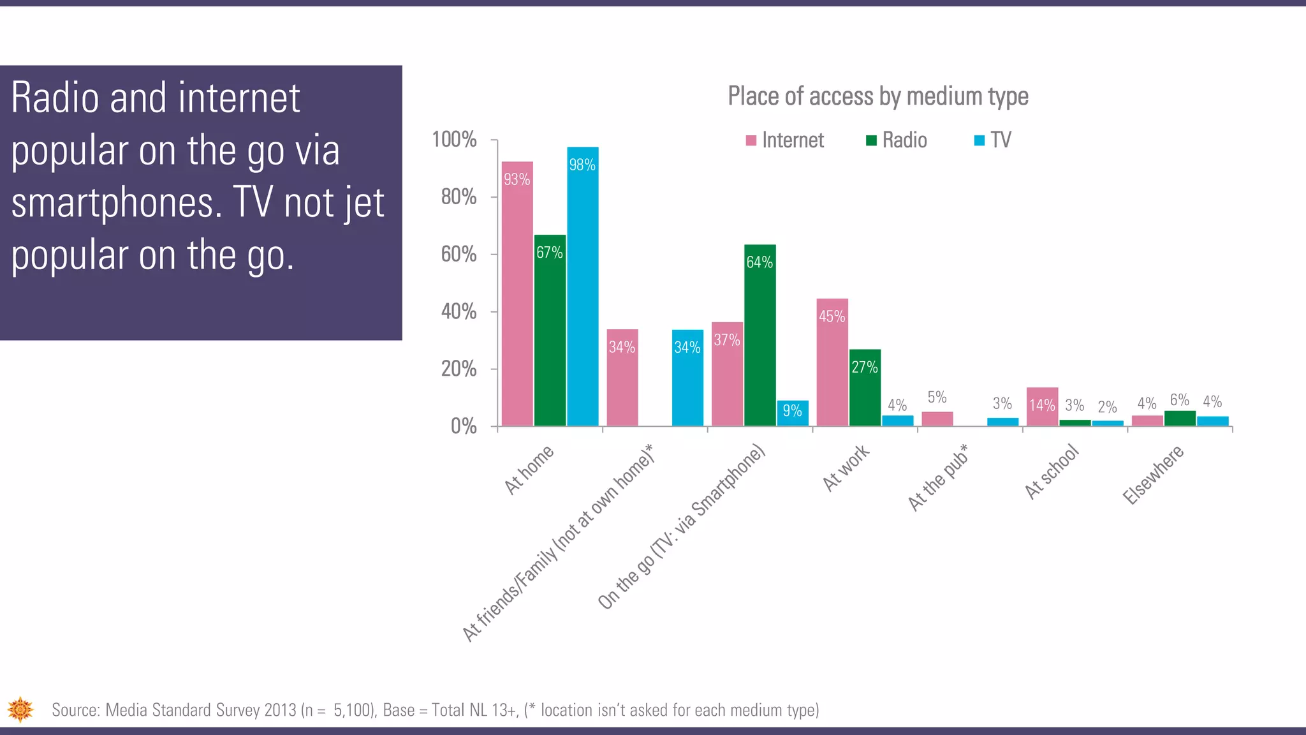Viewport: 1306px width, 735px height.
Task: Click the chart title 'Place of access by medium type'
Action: point(878,96)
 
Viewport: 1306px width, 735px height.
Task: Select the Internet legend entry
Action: point(785,140)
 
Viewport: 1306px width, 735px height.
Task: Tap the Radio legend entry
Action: point(897,140)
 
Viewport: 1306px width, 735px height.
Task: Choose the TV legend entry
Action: point(993,140)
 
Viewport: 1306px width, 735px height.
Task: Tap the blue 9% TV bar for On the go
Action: point(793,413)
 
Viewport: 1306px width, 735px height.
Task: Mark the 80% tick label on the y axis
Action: point(459,197)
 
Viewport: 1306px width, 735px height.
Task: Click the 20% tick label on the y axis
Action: point(459,369)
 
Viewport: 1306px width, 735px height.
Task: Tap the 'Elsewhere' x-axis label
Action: point(1153,475)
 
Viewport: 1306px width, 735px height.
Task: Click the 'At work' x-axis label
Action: point(846,468)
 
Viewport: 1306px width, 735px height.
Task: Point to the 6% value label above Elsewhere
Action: point(1179,400)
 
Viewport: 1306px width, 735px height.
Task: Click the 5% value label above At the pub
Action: point(937,397)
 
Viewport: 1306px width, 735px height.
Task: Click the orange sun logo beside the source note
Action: point(20,709)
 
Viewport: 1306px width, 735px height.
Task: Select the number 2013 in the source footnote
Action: point(280,710)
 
